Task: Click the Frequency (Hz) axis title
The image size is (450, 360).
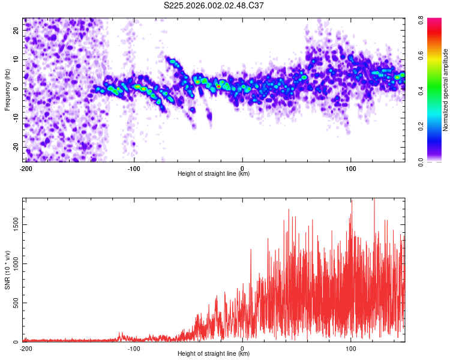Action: pyautogui.click(x=7, y=90)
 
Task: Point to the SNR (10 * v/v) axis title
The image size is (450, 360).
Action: pyautogui.click(x=7, y=271)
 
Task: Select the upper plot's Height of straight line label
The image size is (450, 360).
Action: pyautogui.click(x=214, y=173)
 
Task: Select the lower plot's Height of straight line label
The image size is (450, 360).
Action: pyautogui.click(x=214, y=353)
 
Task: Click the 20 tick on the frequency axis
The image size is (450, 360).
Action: pyautogui.click(x=16, y=30)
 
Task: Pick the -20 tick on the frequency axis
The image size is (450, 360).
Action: pyautogui.click(x=15, y=148)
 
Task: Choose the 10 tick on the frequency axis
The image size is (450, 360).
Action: pyautogui.click(x=16, y=59)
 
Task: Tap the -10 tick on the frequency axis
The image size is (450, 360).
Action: pyautogui.click(x=15, y=118)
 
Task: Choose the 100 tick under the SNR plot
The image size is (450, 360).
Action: pyautogui.click(x=351, y=348)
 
